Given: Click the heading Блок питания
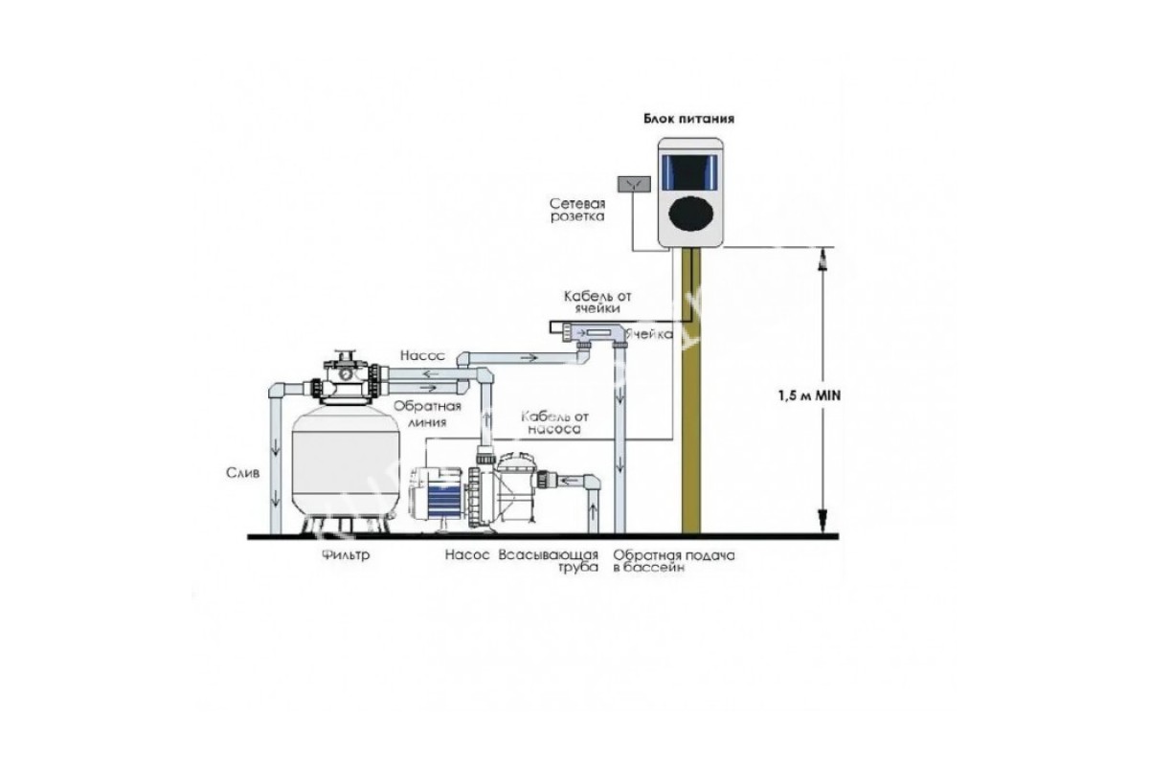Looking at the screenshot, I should pyautogui.click(x=689, y=120).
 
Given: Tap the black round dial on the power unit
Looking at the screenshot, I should pyautogui.click(x=689, y=213).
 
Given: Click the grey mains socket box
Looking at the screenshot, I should pyautogui.click(x=633, y=182).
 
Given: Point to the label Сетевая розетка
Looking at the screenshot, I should pyautogui.click(x=577, y=211).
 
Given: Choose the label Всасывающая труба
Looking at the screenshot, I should pyautogui.click(x=549, y=561).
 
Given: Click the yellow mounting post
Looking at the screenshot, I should pyautogui.click(x=690, y=393).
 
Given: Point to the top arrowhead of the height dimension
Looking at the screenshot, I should pyautogui.click(x=822, y=256).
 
